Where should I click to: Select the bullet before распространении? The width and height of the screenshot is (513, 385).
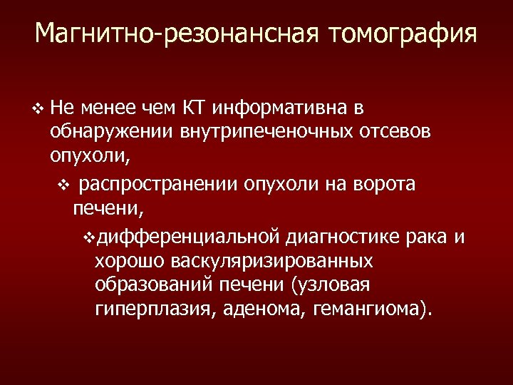coord(62,185)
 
